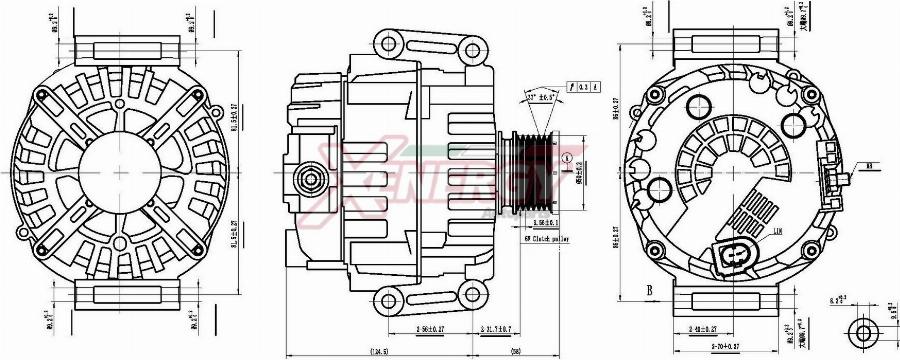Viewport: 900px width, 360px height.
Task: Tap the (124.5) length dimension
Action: (x=379, y=351)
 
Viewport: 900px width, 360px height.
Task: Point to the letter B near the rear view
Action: (x=649, y=292)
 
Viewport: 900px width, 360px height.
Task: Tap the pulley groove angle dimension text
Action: (x=540, y=97)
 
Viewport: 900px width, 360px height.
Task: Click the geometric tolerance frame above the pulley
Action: (x=582, y=86)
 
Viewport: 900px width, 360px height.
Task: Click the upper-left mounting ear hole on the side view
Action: (x=389, y=43)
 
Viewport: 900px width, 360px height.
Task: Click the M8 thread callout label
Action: (x=871, y=166)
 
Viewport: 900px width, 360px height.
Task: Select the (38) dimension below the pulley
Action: (x=516, y=351)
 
